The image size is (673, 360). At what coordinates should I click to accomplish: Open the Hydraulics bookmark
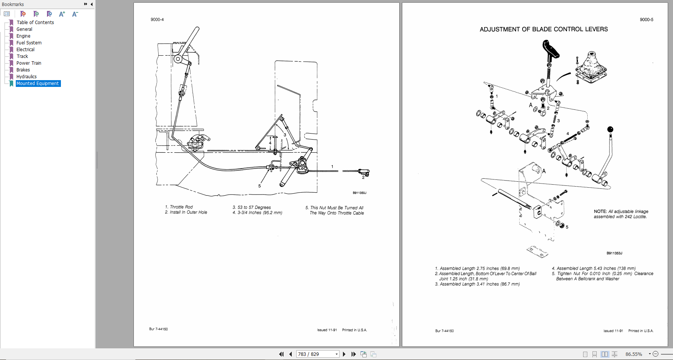click(26, 77)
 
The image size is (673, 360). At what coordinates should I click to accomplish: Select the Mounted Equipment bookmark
click(38, 84)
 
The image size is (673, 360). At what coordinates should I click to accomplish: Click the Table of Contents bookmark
click(35, 23)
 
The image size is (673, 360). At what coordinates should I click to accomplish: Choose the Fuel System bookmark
click(29, 43)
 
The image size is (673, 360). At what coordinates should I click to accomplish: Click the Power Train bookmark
click(29, 63)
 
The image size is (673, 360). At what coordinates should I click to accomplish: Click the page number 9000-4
click(157, 20)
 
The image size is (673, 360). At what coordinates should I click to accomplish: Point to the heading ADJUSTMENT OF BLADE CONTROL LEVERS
click(544, 29)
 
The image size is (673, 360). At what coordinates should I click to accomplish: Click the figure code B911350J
click(359, 193)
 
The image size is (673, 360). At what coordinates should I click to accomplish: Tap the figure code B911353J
click(614, 253)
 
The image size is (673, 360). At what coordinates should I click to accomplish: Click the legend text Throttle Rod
click(181, 207)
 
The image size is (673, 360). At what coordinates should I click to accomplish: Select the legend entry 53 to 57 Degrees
click(254, 207)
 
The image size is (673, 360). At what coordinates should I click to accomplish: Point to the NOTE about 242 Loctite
click(621, 214)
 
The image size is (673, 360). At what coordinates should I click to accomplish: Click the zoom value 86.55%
click(634, 354)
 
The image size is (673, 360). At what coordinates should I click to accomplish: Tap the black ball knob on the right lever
click(610, 129)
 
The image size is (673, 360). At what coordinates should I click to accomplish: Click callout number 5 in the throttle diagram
click(259, 186)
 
